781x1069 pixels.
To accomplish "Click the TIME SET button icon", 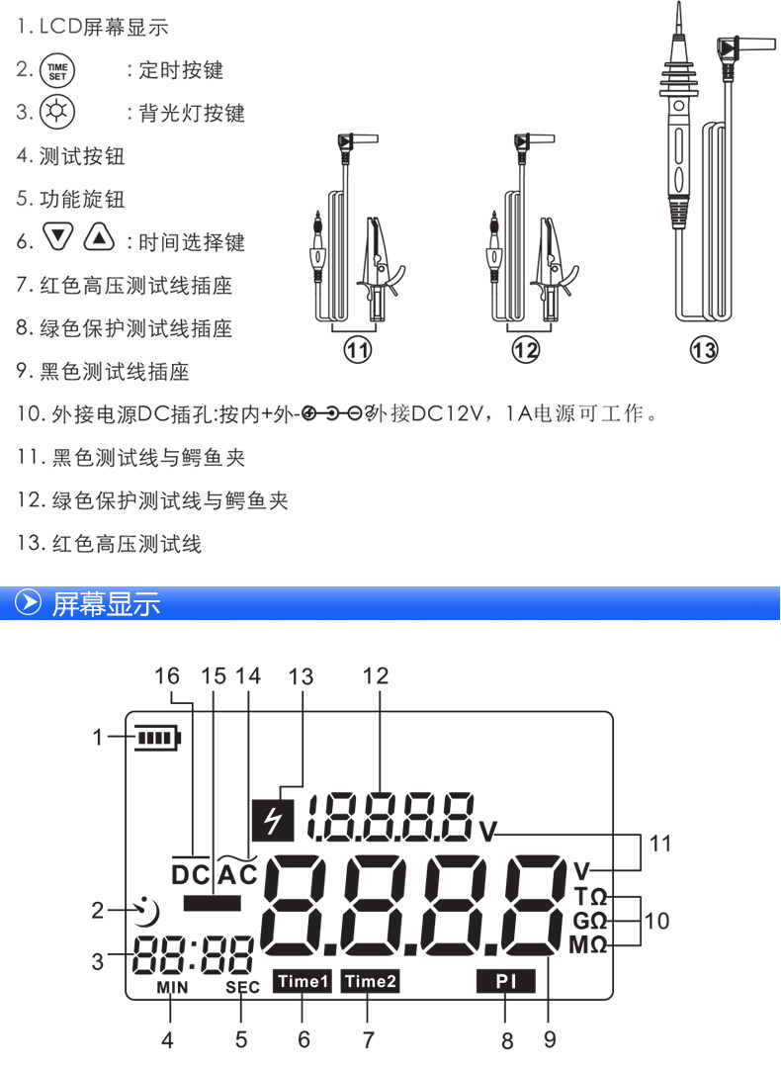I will tap(55, 70).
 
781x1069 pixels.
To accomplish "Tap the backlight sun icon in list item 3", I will tap(55, 112).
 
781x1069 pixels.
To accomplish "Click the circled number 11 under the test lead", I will tap(357, 348).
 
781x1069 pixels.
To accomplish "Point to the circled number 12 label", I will tap(526, 348).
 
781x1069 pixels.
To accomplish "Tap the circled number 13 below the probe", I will tap(704, 349).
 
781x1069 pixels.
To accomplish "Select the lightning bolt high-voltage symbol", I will tap(268, 817).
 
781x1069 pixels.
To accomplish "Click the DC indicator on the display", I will tap(191, 874).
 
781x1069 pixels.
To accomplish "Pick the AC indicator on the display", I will tap(236, 874).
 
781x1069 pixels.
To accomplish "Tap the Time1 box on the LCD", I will tap(302, 981).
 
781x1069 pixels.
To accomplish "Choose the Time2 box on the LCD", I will tap(370, 981).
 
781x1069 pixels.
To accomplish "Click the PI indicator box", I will tap(505, 981).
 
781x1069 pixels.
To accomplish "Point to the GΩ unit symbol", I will tap(588, 921).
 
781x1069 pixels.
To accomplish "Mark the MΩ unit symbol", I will tap(588, 944).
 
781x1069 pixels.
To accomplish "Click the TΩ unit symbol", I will tap(589, 896).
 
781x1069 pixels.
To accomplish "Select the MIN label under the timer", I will tap(171, 987).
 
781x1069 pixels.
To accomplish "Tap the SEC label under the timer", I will tap(242, 987).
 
